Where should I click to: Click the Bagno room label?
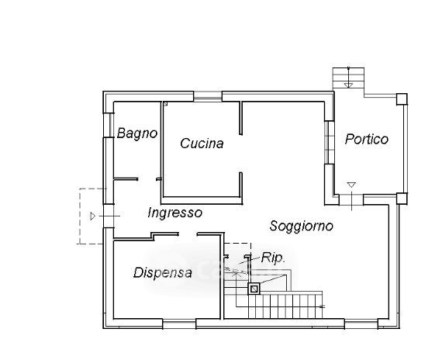[x=137, y=133]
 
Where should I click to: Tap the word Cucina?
[x=202, y=144]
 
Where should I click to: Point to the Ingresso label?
[x=174, y=213]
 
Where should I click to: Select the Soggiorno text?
[x=302, y=227]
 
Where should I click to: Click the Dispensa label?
[x=163, y=272]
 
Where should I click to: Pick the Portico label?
[x=367, y=139]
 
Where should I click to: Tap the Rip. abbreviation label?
[x=273, y=258]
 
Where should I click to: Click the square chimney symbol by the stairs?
[x=254, y=289]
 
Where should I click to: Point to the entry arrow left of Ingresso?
[x=93, y=216]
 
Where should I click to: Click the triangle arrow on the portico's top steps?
[x=348, y=85]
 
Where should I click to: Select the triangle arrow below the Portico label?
[x=351, y=185]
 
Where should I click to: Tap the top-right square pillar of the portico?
[x=402, y=99]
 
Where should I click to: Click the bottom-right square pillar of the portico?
[x=402, y=199]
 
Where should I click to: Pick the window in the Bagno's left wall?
[x=109, y=125]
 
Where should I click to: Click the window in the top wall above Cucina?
[x=208, y=96]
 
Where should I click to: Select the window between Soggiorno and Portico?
[x=329, y=143]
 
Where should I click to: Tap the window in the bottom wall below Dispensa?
[x=179, y=324]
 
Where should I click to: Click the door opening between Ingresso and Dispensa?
[x=188, y=234]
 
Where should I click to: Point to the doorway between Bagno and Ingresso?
[x=147, y=179]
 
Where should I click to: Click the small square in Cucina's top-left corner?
[x=165, y=103]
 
